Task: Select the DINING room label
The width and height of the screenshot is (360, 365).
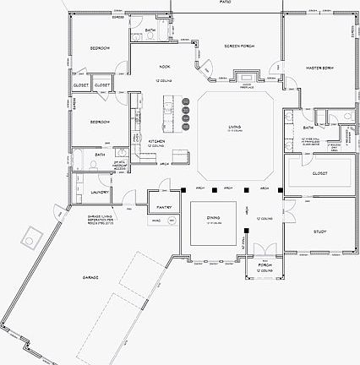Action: pos(213,217)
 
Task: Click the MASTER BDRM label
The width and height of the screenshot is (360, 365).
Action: pos(318,67)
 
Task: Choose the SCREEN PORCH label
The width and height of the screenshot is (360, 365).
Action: pos(239,46)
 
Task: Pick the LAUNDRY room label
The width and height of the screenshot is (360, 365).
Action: pos(98,192)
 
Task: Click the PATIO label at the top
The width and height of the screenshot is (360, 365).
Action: pos(226,3)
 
